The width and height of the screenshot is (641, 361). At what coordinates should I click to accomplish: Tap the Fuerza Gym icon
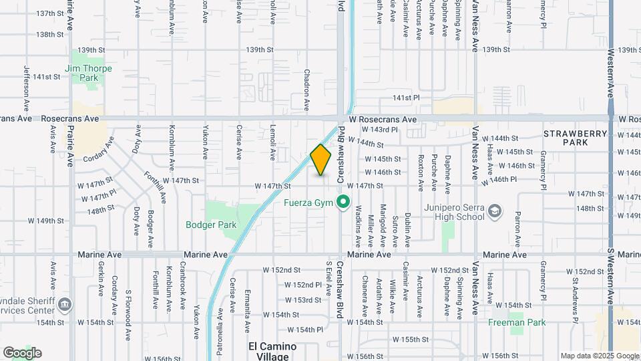pyautogui.click(x=343, y=201)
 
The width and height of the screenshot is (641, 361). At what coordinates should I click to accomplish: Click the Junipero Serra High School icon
pyautogui.click(x=495, y=212)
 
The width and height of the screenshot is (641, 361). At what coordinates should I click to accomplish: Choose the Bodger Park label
pyautogui.click(x=211, y=225)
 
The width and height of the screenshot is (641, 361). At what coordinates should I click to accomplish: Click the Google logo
pyautogui.click(x=22, y=353)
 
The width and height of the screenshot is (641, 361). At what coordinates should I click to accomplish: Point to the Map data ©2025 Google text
pyautogui.click(x=600, y=356)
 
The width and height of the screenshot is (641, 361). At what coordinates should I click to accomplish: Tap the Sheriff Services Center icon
pyautogui.click(x=65, y=305)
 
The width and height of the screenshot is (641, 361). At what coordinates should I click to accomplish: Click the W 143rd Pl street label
pyautogui.click(x=379, y=130)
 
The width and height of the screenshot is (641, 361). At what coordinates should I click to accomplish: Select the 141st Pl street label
pyautogui.click(x=406, y=98)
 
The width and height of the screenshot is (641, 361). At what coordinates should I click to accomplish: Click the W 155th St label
pyautogui.click(x=410, y=340)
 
